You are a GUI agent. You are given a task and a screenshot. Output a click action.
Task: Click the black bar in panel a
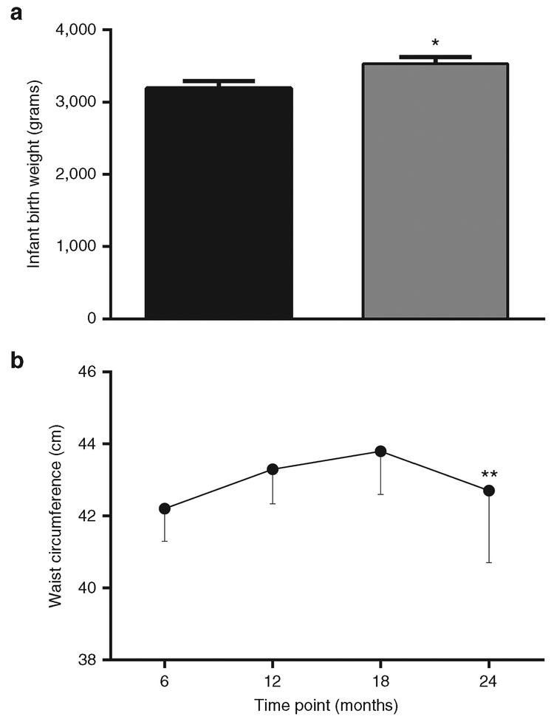click(219, 203)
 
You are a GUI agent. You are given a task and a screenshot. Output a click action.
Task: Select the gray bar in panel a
click(435, 191)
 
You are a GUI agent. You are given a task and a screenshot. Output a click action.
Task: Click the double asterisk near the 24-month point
click(489, 475)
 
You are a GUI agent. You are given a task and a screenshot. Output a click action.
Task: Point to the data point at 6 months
click(164, 508)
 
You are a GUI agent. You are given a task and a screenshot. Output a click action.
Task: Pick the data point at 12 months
click(273, 469)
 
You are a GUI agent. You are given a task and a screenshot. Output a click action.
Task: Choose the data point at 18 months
click(380, 451)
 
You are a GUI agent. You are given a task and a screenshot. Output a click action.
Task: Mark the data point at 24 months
click(488, 491)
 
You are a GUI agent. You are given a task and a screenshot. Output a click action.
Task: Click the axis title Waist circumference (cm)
click(55, 517)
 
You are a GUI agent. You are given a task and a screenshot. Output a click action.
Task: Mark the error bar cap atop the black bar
click(219, 81)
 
